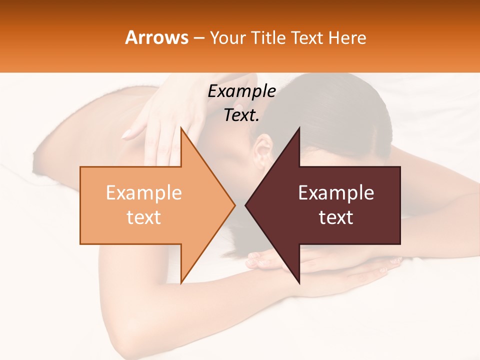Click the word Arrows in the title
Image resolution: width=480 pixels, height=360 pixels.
157,37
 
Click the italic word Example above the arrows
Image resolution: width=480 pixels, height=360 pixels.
241,91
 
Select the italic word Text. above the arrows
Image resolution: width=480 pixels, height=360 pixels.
241,115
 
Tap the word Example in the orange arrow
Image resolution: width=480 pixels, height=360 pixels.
144,193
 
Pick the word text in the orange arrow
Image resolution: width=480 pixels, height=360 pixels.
144,217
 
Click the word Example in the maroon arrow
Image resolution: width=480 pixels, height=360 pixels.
336,193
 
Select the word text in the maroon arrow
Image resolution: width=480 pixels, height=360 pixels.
336,217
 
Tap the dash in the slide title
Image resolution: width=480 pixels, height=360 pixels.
198,38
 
